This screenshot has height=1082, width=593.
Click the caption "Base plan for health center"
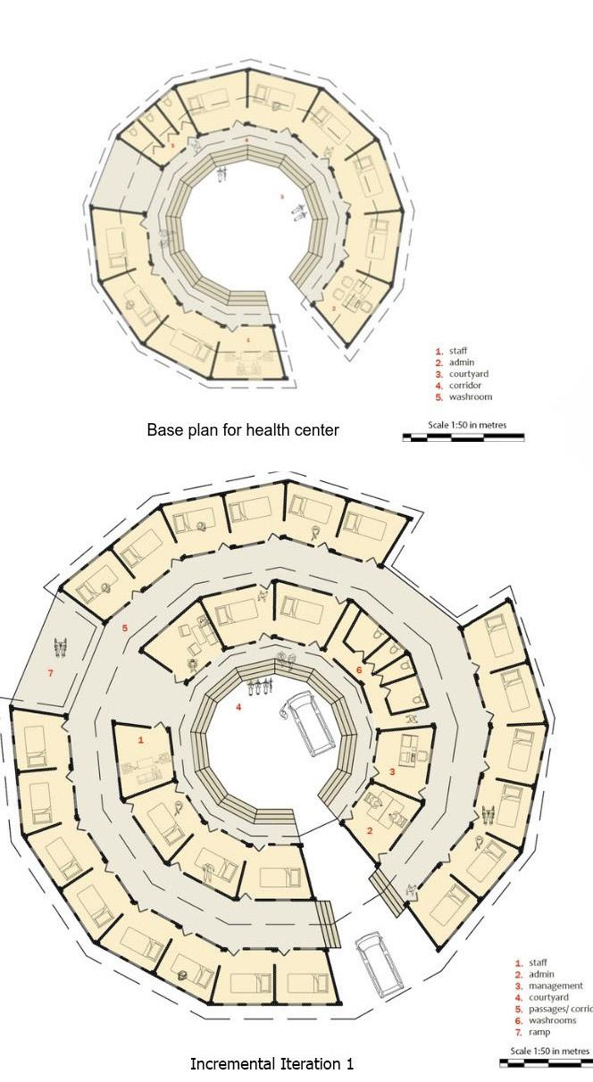click(243, 430)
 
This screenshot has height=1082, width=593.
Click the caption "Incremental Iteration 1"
click(271, 1064)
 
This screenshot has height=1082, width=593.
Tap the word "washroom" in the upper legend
click(470, 397)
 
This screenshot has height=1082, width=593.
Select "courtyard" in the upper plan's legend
click(469, 374)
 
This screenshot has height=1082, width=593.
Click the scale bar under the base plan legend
click(463, 437)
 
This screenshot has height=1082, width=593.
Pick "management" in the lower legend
click(555, 986)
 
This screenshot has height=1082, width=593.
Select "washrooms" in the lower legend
click(553, 1020)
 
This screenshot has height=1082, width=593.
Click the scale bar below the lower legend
click(545, 1063)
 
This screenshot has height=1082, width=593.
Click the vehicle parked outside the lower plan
click(379, 964)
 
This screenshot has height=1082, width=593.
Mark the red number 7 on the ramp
click(50, 672)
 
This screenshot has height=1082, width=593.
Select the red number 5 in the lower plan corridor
click(125, 628)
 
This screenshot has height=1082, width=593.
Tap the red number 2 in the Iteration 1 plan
click(370, 830)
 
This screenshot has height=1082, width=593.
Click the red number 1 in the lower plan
click(140, 740)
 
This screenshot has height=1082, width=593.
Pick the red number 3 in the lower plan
click(391, 771)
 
